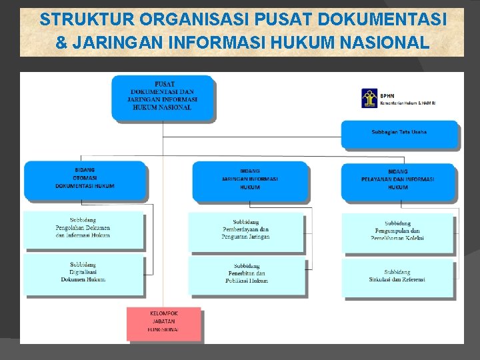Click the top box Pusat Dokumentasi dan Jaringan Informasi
click(x=163, y=97)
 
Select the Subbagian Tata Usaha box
click(x=399, y=133)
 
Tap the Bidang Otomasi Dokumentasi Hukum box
click(x=85, y=180)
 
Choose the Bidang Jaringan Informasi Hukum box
click(x=250, y=181)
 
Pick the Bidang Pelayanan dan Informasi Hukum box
click(x=398, y=181)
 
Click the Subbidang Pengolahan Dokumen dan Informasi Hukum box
click(x=83, y=229)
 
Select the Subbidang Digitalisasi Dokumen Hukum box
click(x=84, y=273)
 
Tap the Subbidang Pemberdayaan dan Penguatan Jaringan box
click(x=246, y=231)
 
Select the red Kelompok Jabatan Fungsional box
click(x=163, y=322)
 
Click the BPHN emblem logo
click(x=369, y=99)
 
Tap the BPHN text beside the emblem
click(x=387, y=95)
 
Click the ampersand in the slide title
click(x=61, y=43)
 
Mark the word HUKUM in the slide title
click(x=301, y=43)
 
